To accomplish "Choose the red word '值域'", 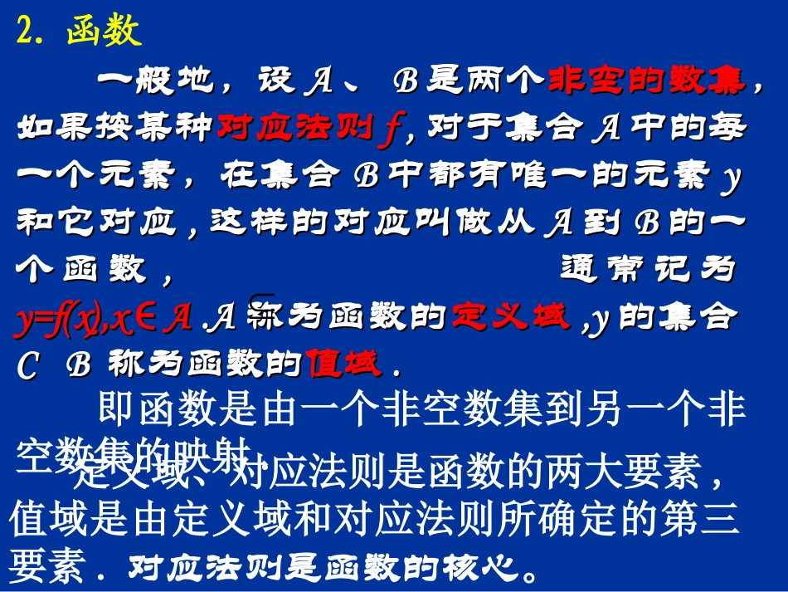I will (343, 364).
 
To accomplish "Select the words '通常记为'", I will (648, 270).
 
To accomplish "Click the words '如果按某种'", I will (114, 128).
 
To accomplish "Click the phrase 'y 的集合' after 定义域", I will (660, 318).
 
